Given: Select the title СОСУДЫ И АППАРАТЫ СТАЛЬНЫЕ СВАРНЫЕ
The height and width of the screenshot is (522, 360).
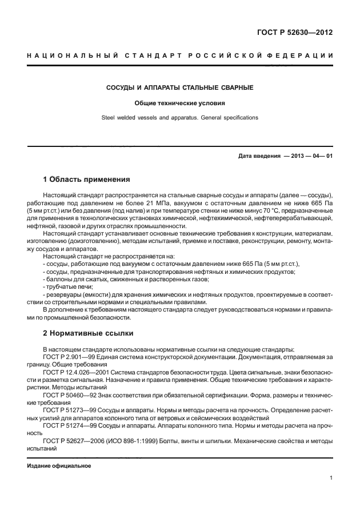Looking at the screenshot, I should point(180,89).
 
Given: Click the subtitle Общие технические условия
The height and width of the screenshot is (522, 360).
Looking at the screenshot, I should point(180,103).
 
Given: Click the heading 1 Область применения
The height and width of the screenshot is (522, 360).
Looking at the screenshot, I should point(87,179).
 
